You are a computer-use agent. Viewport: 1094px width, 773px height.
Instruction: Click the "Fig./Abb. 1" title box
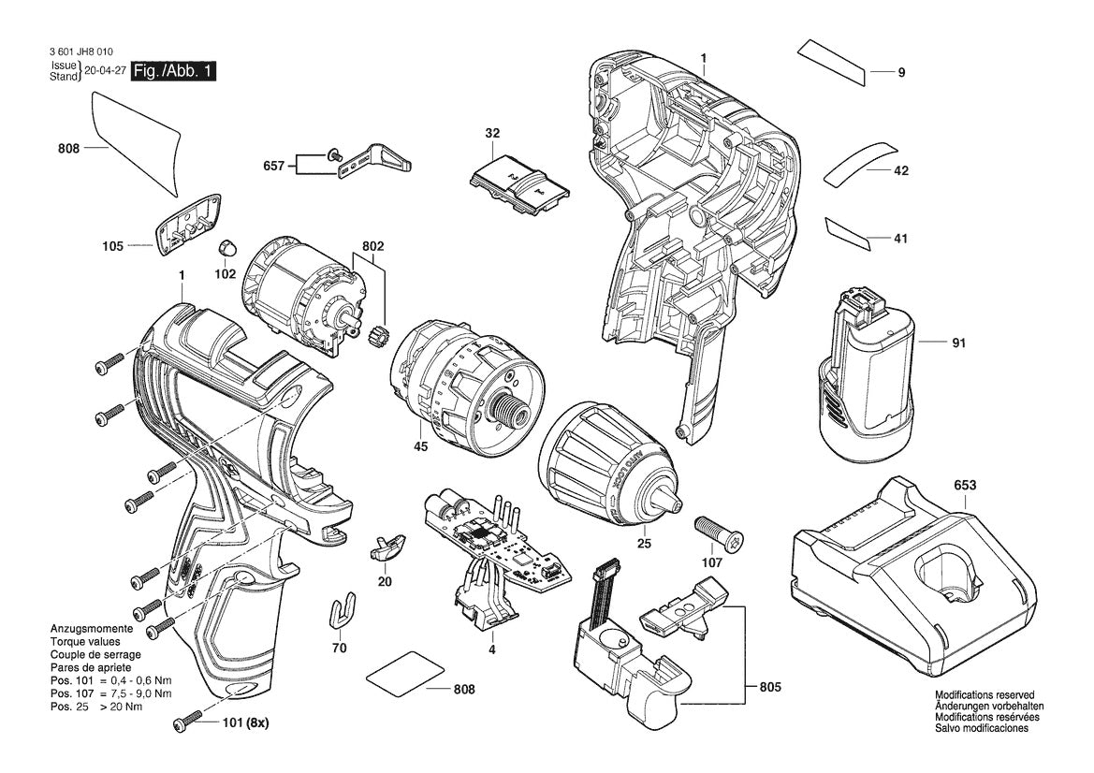click(173, 71)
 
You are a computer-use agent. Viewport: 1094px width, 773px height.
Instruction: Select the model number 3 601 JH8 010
click(84, 53)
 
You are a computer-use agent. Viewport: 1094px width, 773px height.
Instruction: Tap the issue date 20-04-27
click(104, 71)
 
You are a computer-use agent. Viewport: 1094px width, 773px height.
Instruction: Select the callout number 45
click(420, 447)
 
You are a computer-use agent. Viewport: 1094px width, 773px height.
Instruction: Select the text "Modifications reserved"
click(985, 695)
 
